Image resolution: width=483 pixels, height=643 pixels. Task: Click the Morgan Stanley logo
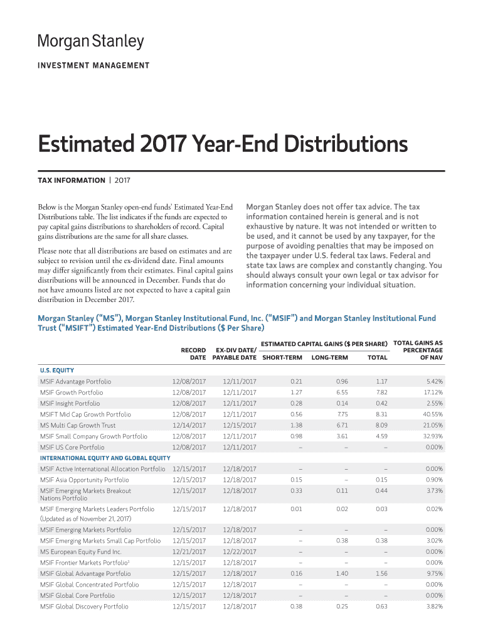(x=90, y=42)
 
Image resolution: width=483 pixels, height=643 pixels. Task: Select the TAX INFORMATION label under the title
(x=72, y=180)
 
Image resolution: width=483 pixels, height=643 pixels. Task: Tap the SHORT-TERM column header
(x=282, y=358)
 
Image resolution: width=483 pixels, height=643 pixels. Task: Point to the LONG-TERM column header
(x=330, y=358)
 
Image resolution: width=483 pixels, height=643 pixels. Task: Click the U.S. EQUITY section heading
(x=57, y=370)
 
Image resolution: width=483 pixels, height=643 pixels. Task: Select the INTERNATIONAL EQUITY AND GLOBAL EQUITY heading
(x=105, y=458)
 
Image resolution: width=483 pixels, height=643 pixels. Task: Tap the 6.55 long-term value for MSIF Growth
(x=342, y=392)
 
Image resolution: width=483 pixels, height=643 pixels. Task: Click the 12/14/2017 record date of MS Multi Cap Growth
(x=189, y=426)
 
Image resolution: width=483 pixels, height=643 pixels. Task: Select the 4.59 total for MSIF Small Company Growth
(x=381, y=436)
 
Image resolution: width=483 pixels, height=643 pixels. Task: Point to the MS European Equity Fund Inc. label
(x=81, y=551)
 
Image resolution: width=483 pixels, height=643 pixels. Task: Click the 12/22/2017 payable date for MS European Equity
(x=240, y=551)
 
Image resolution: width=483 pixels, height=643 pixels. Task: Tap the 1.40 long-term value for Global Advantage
(x=342, y=573)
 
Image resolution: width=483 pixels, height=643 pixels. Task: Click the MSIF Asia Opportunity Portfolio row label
(x=85, y=480)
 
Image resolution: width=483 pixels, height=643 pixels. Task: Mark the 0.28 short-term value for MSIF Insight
(x=297, y=403)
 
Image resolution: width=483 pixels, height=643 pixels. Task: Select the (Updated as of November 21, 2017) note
(x=85, y=519)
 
